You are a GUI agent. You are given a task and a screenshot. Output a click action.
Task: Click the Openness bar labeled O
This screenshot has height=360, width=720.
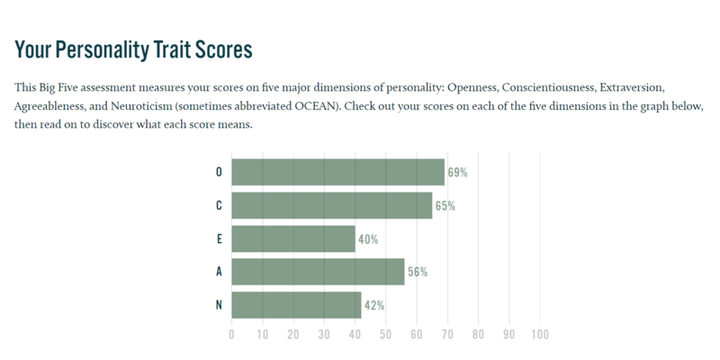pos(338,172)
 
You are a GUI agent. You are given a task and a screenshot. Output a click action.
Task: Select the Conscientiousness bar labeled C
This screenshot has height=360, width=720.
pos(332,205)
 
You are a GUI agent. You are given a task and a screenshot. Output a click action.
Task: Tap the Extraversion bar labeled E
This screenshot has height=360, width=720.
pos(293,238)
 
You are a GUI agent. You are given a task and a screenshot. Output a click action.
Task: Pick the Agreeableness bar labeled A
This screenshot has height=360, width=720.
pos(319,272)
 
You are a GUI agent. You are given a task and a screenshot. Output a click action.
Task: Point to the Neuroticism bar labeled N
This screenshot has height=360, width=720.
pos(296,305)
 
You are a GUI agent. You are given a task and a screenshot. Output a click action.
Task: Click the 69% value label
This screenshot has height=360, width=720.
pos(458,173)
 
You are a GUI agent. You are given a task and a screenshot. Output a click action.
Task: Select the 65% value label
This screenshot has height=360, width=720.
pos(445,206)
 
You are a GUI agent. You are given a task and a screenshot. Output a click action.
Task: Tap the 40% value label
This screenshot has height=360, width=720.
pos(368,239)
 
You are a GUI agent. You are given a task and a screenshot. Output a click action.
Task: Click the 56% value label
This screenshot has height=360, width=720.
pos(418,273)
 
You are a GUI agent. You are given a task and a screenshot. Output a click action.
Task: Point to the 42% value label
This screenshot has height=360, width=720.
pos(374,305)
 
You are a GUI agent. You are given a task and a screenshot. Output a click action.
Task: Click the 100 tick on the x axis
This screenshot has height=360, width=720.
pos(540,334)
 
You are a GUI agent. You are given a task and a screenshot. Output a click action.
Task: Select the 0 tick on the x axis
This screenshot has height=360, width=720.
pos(231,334)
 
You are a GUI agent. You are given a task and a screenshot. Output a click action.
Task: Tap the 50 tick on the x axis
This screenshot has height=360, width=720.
pos(386,334)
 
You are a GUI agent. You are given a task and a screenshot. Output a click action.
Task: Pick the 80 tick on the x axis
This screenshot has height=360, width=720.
pos(478,334)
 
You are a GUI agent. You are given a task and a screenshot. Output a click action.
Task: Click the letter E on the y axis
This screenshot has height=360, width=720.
pos(219,238)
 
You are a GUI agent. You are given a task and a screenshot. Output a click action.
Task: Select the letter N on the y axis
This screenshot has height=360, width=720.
pos(219,305)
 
